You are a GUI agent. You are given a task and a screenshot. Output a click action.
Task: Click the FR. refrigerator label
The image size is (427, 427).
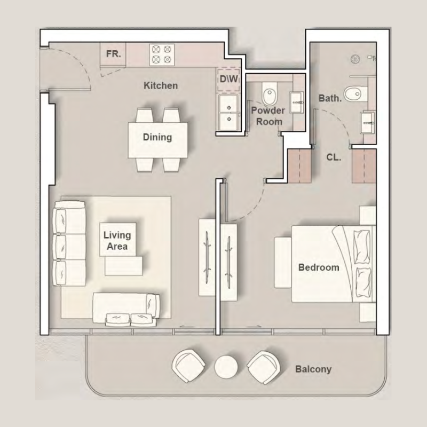113,54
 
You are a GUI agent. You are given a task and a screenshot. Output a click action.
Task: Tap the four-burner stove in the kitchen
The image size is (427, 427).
162,54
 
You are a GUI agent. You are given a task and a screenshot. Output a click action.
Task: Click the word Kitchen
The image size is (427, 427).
161,85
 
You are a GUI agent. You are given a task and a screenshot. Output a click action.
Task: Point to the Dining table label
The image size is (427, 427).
157,137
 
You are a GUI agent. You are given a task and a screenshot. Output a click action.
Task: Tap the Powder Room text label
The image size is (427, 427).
268,116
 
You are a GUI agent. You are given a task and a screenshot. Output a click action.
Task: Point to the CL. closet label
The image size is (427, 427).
334,158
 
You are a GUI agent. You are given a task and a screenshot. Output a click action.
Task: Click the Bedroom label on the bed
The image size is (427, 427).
319,267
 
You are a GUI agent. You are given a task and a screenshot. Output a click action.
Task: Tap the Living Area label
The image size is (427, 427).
116,241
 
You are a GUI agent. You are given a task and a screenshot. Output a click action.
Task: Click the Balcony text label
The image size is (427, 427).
313,369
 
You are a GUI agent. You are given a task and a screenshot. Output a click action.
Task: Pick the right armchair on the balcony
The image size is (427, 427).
263,366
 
